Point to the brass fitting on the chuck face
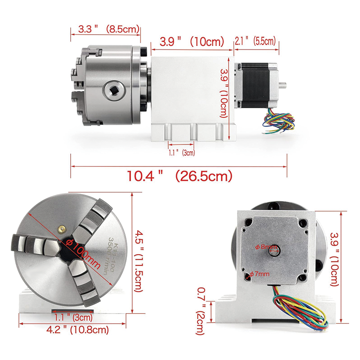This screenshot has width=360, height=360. (x=60, y=229)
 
